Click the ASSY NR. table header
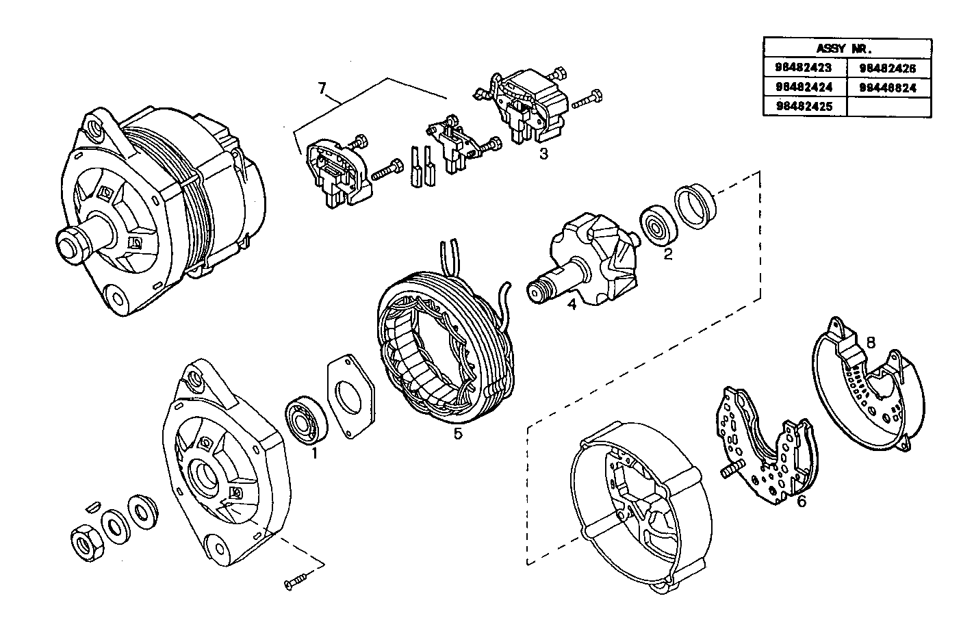[846, 48]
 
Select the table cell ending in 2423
[804, 68]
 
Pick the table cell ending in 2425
[804, 107]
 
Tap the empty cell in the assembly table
[888, 107]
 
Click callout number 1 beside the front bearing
[314, 452]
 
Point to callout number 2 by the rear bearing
[668, 255]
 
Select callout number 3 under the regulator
[543, 154]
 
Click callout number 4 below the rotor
[572, 305]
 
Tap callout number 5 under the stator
[458, 433]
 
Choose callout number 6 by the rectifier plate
[802, 502]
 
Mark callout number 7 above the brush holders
[323, 88]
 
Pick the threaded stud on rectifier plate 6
[732, 472]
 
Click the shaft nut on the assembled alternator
[70, 244]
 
